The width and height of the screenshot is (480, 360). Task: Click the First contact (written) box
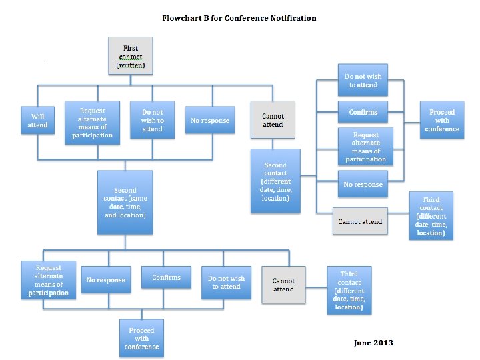[130, 57]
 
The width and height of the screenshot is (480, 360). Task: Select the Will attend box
[37, 121]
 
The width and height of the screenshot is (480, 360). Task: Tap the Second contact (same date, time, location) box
[125, 202]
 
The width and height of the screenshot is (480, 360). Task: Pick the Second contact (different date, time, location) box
[275, 181]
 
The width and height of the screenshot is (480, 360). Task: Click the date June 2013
[373, 343]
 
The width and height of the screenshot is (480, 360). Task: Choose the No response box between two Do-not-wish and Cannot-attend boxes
[209, 121]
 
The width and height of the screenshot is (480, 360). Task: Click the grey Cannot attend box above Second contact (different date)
[273, 120]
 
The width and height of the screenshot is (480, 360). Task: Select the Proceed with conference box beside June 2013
[141, 339]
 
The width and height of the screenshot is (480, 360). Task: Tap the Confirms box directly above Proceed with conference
[166, 277]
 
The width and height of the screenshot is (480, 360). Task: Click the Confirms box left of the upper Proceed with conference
[363, 113]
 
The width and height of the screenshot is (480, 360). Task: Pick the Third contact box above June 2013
[349, 291]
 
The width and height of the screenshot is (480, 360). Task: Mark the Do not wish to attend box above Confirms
[363, 81]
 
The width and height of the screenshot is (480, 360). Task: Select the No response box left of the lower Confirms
[105, 280]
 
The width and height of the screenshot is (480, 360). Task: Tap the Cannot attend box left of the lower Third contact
[283, 285]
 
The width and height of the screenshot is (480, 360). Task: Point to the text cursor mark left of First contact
[43, 57]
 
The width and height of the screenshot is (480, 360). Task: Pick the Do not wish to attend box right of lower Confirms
[226, 283]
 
